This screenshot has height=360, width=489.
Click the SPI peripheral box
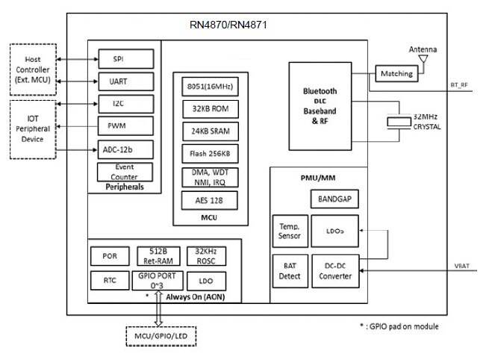pyautogui.click(x=125, y=58)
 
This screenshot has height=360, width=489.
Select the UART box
pyautogui.click(x=125, y=81)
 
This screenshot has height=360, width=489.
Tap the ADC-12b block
pyautogui.click(x=125, y=149)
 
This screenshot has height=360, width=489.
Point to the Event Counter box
pyautogui.click(x=125, y=172)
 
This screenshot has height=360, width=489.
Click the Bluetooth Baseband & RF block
pyautogui.click(x=320, y=105)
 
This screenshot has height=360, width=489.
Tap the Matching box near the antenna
pyautogui.click(x=396, y=74)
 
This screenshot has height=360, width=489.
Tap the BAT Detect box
pyautogui.click(x=289, y=270)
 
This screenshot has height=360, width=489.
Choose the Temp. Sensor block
pyautogui.click(x=289, y=231)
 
